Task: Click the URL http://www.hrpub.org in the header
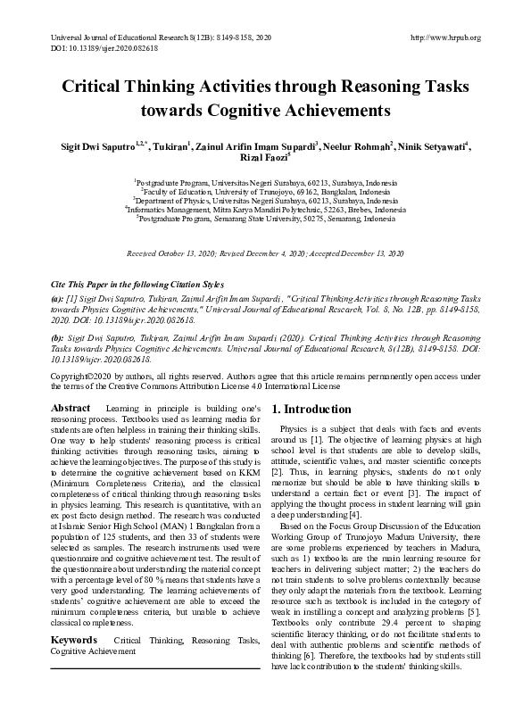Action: (x=444, y=37)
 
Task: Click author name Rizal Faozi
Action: (x=262, y=158)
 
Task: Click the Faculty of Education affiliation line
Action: (x=265, y=190)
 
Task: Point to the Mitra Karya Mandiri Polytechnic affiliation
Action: (x=266, y=210)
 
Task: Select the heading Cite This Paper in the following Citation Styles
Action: (x=135, y=283)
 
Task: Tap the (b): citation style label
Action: (x=57, y=340)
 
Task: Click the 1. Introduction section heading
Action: (x=311, y=410)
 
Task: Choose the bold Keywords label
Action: (x=74, y=641)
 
